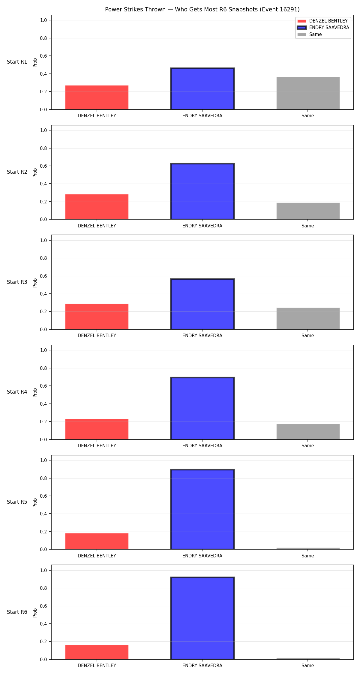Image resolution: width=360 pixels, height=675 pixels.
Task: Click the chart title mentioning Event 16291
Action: tap(202, 10)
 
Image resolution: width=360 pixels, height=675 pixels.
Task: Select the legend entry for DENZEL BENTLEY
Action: tap(322, 21)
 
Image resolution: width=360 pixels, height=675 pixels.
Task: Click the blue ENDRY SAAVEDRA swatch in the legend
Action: tap(302, 28)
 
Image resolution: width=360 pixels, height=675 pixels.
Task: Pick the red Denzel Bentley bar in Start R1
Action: tap(97, 97)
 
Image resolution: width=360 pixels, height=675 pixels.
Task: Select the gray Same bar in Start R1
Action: tap(308, 93)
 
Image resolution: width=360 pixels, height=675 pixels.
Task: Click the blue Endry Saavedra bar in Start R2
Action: tap(202, 191)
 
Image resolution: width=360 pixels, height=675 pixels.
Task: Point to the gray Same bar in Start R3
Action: tap(308, 319)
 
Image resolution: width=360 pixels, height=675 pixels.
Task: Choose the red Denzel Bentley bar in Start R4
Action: tap(97, 429)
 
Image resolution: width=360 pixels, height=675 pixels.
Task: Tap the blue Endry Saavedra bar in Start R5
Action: tap(202, 509)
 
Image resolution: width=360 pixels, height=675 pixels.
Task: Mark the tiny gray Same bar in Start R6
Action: tap(308, 658)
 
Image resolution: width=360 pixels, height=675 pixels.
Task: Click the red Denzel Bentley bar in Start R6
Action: tap(97, 652)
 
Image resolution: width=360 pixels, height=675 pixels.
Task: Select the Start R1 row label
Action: tap(17, 62)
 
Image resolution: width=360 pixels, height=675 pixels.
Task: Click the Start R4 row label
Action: tap(17, 392)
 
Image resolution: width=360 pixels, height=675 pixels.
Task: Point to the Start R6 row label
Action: tap(17, 612)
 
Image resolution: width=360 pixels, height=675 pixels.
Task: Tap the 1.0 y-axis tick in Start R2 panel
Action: tap(43, 130)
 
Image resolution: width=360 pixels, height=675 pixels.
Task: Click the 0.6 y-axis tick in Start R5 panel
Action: tap(43, 496)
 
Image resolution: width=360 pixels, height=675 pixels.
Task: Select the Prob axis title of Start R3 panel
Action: tap(35, 283)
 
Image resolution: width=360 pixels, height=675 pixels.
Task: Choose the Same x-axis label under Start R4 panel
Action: tap(308, 446)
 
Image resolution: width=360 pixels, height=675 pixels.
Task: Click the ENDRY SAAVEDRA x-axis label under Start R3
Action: tap(202, 336)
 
